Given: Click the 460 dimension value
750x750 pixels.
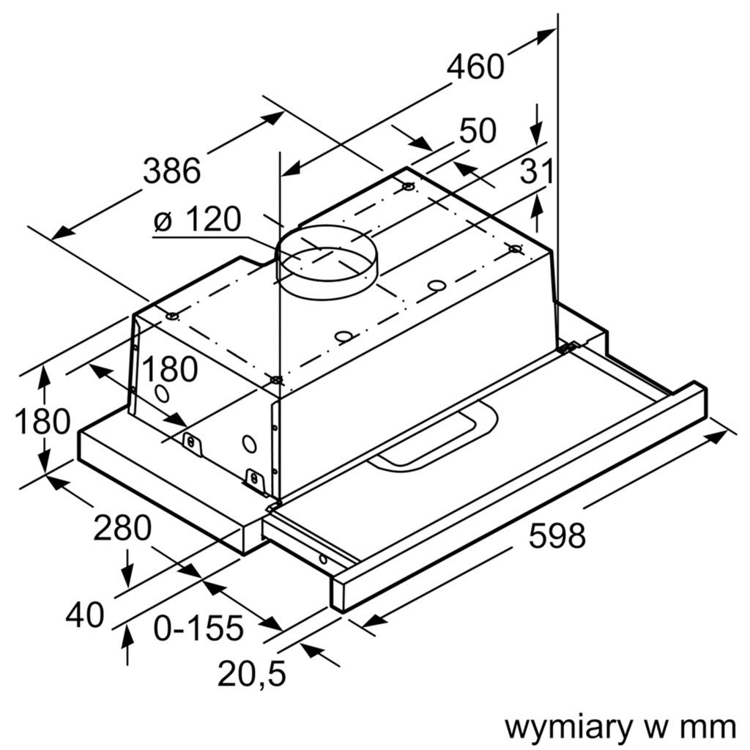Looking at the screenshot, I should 475,67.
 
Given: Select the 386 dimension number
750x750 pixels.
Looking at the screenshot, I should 171,171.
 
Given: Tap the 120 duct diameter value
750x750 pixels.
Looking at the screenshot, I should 212,219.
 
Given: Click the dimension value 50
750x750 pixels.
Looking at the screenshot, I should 478,131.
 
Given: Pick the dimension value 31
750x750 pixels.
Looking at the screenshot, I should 536,172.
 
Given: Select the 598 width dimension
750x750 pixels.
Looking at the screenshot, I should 557,536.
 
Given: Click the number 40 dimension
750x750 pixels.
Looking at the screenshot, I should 84,616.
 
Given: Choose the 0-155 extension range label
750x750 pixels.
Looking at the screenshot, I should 198,628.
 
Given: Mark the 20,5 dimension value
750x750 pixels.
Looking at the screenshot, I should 251,674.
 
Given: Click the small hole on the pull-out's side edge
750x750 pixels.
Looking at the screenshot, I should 322,560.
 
